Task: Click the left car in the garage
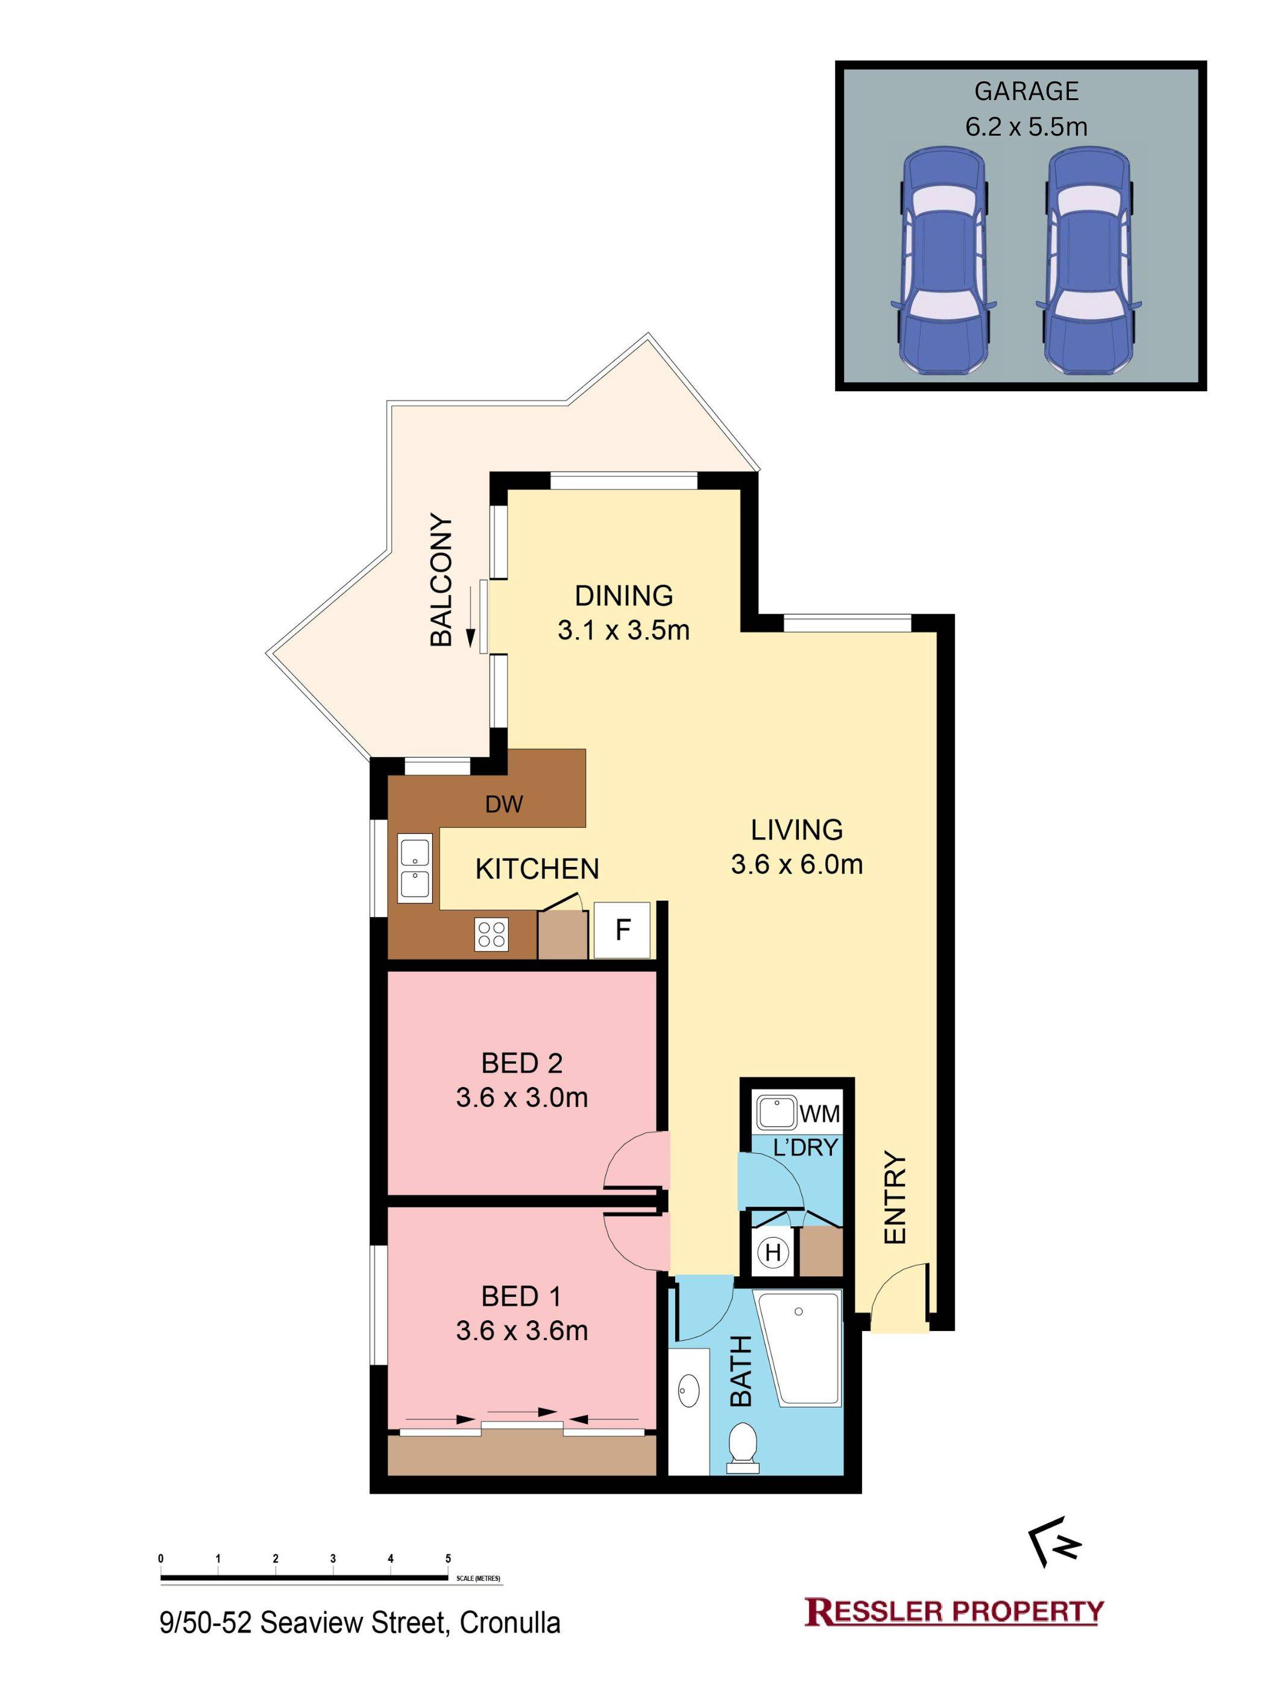pos(942,260)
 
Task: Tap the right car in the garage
pos(1088,260)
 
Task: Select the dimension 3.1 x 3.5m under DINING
pos(623,631)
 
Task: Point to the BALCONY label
pos(441,580)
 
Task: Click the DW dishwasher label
pos(505,804)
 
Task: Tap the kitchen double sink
pos(414,868)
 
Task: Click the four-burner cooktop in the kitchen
pos(491,933)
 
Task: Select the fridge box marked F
pos(622,930)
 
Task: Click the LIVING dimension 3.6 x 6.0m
pos(797,864)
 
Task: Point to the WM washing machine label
pos(819,1114)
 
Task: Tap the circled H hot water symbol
pos(773,1252)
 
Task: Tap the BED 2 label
pos(522,1062)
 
